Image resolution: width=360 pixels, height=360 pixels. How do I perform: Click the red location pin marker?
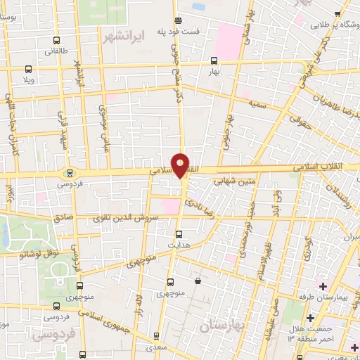click(x=180, y=165)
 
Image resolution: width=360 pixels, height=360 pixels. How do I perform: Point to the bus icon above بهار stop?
click(x=214, y=61)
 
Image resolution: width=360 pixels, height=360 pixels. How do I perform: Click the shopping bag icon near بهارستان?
click(x=198, y=281)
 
